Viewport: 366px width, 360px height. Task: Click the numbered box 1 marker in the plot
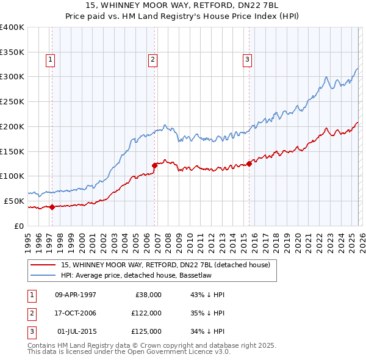[49, 59]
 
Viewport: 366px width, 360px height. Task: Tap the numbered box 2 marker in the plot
[152, 59]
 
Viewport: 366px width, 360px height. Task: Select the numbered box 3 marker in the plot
[247, 59]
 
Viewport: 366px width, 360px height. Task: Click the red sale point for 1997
[52, 207]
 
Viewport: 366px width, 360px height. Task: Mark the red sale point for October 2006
[155, 165]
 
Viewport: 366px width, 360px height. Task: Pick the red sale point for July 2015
[249, 163]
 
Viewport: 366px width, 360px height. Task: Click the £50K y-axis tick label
[14, 201]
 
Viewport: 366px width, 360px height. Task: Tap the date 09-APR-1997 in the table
[76, 295]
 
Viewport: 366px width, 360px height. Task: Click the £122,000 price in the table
[147, 313]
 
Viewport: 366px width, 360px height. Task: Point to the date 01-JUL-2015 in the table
[76, 331]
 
